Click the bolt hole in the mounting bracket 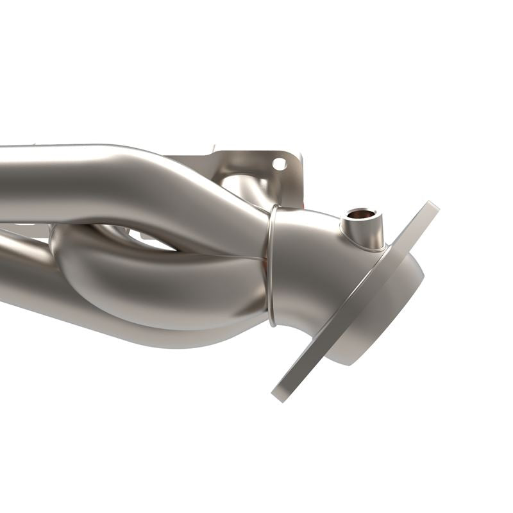(x=280, y=164)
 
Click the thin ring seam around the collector (x=271, y=263)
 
